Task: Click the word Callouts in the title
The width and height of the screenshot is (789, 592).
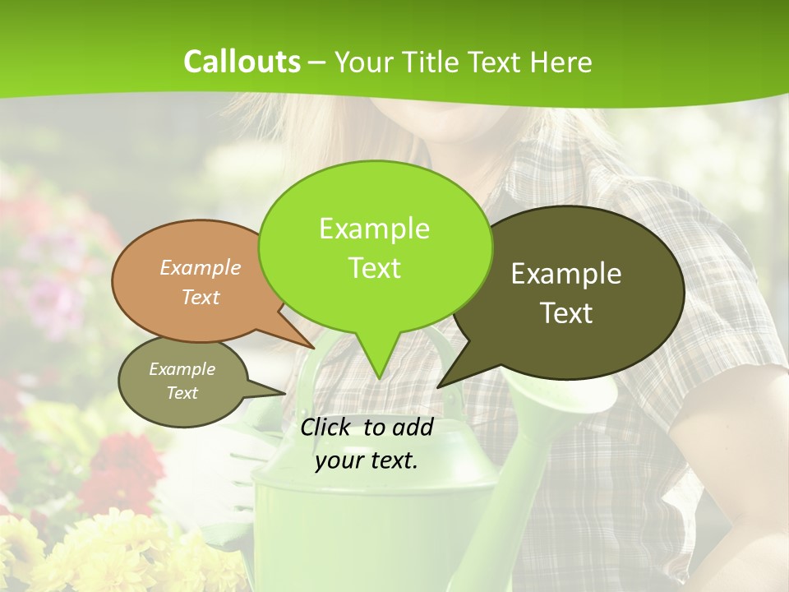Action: coord(242,62)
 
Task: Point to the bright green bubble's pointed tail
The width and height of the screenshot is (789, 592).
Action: coord(377,362)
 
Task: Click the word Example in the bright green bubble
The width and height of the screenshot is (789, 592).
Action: coord(374,229)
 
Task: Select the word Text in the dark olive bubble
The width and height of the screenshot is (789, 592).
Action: coord(566,313)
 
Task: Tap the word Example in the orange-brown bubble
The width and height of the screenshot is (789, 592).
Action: coord(201,268)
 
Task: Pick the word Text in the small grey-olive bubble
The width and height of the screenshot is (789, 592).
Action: coord(182,393)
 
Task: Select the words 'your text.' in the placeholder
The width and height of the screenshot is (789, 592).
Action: coord(367,460)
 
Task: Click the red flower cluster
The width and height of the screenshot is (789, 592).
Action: coord(123,469)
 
